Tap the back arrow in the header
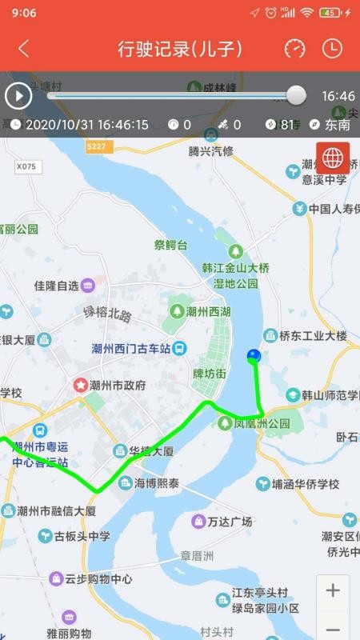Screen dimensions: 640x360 [23, 48]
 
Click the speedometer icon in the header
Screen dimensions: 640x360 [295, 48]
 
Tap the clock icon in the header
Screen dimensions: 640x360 [331, 48]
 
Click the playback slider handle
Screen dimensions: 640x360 [296, 95]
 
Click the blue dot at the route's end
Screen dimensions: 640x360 [254, 355]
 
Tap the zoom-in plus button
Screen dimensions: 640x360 [333, 591]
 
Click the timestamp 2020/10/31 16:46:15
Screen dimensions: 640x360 [86, 125]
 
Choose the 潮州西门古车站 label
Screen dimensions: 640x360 [131, 349]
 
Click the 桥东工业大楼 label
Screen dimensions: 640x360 [313, 336]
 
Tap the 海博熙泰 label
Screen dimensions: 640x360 [156, 483]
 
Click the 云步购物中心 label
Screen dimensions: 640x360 [98, 578]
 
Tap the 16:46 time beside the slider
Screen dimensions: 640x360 [338, 96]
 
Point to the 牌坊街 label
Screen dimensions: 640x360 [210, 373]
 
